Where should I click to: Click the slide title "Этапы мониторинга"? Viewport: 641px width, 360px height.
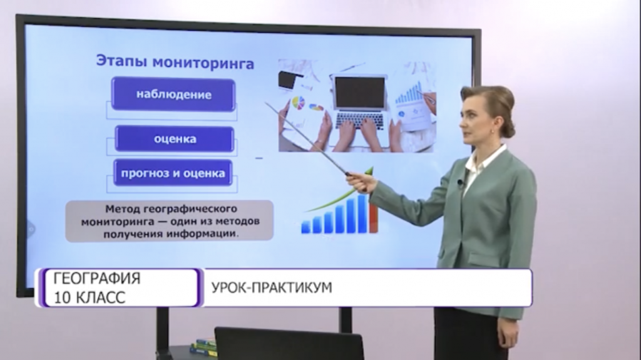(175, 63)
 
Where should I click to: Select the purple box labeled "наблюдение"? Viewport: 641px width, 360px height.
(173, 95)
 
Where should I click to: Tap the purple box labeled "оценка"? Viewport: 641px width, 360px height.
(175, 139)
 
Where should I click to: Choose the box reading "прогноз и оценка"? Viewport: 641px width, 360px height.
(173, 173)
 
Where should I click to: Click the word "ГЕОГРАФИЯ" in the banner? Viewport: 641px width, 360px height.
(97, 279)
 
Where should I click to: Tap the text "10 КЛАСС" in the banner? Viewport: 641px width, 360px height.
(89, 297)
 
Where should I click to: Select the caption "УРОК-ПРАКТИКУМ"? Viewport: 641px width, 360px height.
(272, 287)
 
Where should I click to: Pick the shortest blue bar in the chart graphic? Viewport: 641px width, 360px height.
(305, 227)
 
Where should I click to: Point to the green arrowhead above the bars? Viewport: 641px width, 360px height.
(369, 171)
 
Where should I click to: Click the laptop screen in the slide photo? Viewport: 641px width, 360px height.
(360, 93)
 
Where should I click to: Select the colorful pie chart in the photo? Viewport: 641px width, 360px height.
(299, 103)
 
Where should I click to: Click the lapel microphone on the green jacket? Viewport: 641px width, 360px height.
(461, 182)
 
